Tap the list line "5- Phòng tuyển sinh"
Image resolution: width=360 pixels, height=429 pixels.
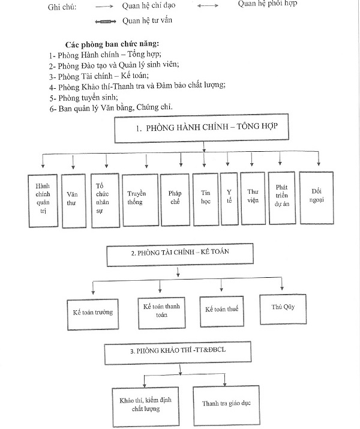click(83, 97)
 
